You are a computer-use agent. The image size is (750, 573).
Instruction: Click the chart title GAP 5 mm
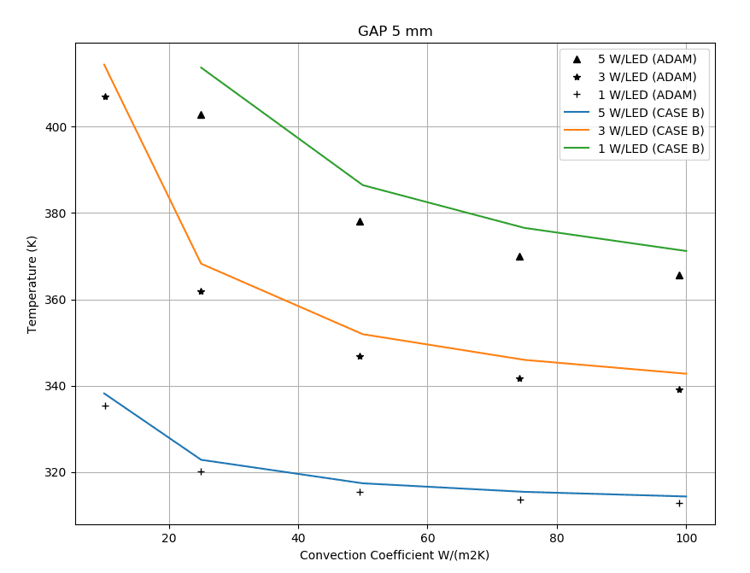(395, 32)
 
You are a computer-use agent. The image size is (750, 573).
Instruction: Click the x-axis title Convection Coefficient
(395, 555)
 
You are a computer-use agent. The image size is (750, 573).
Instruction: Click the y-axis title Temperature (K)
(32, 284)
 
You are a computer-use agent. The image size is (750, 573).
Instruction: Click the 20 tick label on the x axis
(169, 538)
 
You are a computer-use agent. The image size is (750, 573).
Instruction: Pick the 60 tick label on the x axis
(427, 538)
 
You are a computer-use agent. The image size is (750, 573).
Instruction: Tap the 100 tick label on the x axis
(686, 538)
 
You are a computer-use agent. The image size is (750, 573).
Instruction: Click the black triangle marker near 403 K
(201, 114)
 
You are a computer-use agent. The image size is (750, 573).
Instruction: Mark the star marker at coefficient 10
(105, 96)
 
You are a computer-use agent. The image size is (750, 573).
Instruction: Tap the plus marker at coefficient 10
(105, 406)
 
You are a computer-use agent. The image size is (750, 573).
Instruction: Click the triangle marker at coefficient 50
(360, 221)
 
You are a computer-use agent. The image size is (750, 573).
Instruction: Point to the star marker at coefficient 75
(519, 378)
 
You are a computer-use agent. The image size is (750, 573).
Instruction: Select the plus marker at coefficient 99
(679, 503)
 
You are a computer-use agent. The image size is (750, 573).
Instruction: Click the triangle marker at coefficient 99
(679, 275)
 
